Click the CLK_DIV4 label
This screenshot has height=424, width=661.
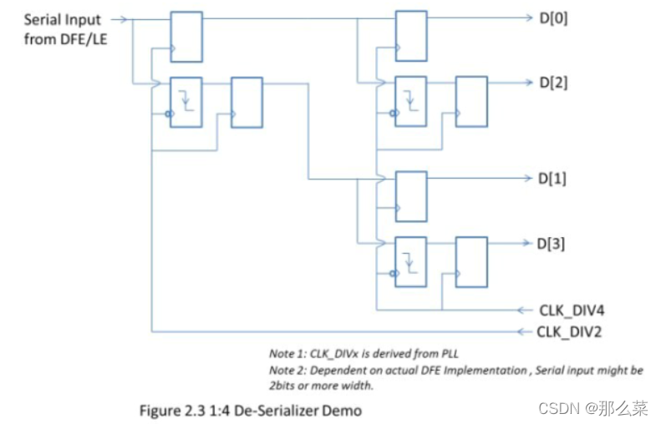(572, 310)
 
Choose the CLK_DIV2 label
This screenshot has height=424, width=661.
(572, 332)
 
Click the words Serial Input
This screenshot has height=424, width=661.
(63, 19)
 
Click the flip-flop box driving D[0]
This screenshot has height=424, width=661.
(411, 35)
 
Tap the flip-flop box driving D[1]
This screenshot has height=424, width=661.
(411, 196)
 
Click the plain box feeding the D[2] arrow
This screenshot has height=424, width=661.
(470, 102)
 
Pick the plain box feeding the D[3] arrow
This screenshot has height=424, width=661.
(470, 262)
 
